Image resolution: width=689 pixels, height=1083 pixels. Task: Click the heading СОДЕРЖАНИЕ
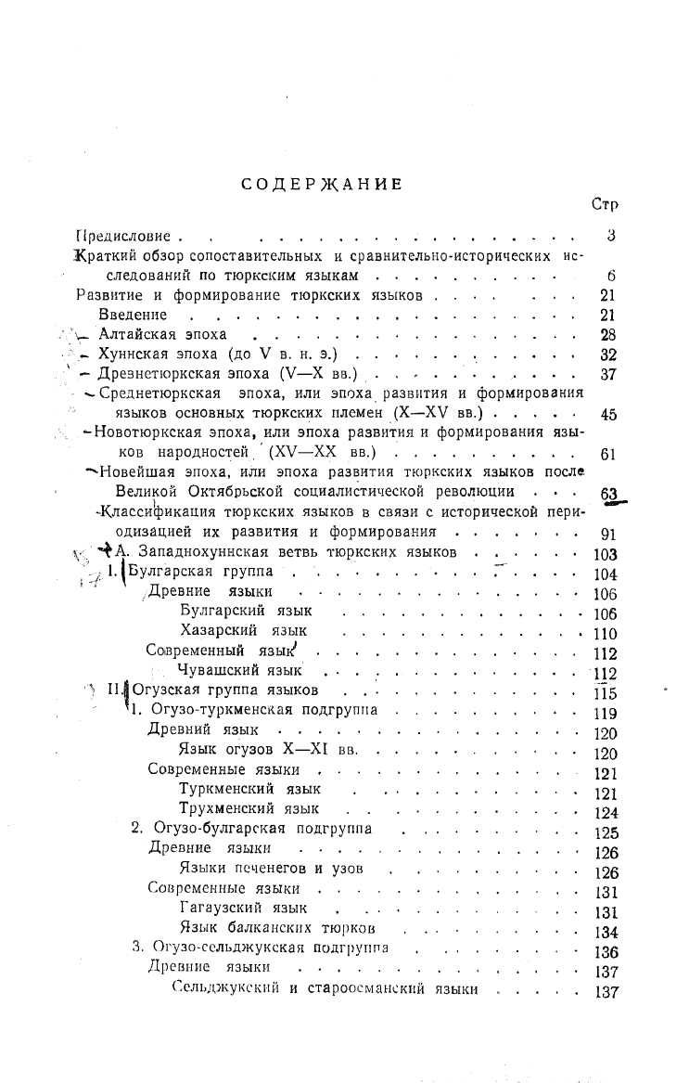pos(321,184)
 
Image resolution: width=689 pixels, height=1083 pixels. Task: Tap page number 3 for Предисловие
pos(611,237)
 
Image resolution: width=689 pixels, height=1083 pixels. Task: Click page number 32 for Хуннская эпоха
pos(608,355)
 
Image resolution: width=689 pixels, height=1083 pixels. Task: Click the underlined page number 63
pos(608,495)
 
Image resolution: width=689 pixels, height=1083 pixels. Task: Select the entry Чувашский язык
pos(239,671)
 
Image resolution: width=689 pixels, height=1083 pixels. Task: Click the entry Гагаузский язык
pos(242,909)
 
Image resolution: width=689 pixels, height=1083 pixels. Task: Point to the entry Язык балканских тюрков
pos(277,929)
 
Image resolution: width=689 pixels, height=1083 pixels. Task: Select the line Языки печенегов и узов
pos(270,870)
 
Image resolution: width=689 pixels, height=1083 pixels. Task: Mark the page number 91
pos(608,534)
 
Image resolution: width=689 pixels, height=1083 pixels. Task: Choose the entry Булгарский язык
pos(245,612)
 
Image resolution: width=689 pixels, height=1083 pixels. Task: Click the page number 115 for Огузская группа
pos(605,693)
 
